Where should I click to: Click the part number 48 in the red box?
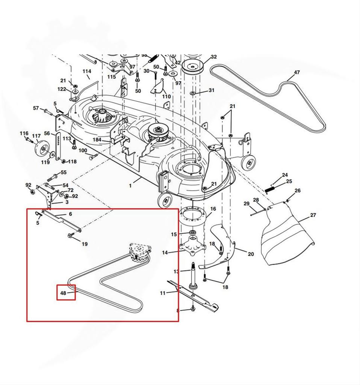(x=63, y=293)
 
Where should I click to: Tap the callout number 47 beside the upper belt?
(x=297, y=72)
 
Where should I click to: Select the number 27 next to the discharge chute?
(x=313, y=215)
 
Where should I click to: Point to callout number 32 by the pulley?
(x=213, y=57)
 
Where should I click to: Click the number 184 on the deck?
(x=97, y=139)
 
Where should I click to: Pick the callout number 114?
(x=87, y=71)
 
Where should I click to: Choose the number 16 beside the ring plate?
(x=213, y=209)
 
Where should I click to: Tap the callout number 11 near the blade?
(x=162, y=293)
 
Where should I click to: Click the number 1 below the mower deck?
(x=130, y=185)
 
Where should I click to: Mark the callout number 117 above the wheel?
(x=36, y=136)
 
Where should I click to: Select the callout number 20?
(x=251, y=254)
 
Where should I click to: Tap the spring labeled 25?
(x=271, y=188)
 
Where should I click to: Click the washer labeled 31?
(x=192, y=92)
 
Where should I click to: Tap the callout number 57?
(x=36, y=108)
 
